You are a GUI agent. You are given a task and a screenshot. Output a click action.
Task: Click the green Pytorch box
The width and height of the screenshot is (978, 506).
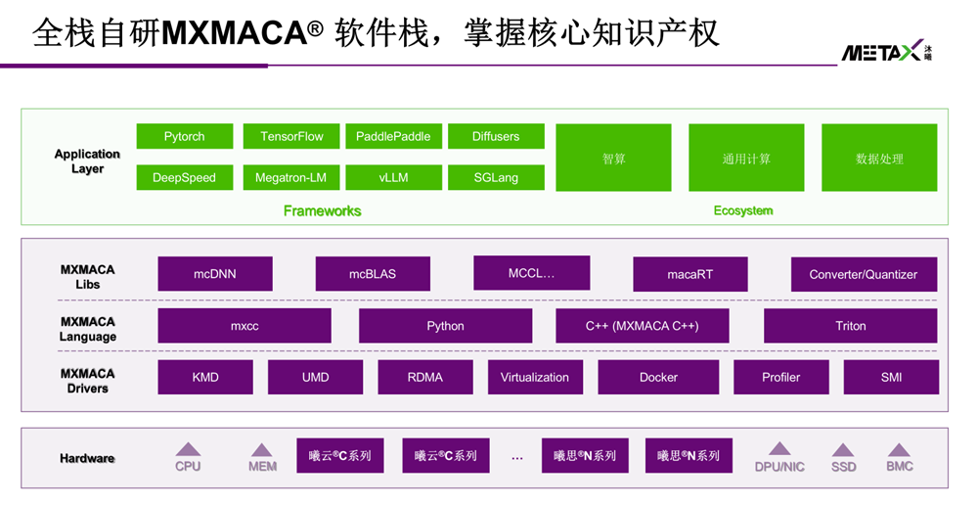click(184, 136)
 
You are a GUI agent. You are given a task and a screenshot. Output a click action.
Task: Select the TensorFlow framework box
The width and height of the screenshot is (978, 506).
click(291, 136)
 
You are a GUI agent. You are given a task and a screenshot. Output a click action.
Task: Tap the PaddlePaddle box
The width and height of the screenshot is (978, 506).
click(393, 136)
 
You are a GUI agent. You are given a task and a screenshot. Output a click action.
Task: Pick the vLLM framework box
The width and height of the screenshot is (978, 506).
click(393, 177)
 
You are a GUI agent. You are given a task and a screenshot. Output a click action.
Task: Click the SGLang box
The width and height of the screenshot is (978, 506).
click(496, 177)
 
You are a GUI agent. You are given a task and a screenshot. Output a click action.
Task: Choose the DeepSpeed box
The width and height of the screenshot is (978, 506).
click(184, 177)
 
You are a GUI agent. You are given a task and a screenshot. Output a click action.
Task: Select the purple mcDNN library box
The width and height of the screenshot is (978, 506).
click(215, 274)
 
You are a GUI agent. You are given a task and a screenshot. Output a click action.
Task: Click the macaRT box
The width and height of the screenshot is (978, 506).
click(689, 274)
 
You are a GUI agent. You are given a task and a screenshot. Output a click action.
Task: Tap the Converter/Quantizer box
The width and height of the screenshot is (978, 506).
click(863, 274)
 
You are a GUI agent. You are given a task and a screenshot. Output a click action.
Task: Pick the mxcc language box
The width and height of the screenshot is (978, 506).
click(244, 326)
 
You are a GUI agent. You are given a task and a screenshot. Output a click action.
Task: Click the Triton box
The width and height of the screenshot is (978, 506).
click(850, 326)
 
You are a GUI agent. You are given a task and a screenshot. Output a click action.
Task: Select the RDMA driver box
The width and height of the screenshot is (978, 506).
click(425, 377)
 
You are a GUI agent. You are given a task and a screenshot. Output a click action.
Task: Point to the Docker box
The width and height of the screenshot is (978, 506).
click(658, 377)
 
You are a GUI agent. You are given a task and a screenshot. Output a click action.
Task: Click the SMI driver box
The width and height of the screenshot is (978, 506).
click(891, 377)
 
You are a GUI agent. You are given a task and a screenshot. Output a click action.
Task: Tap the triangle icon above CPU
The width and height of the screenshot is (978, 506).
click(188, 449)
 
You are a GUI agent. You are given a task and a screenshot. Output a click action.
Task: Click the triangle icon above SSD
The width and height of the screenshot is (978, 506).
click(843, 450)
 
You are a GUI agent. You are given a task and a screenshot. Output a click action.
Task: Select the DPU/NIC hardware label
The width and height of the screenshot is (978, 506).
click(779, 467)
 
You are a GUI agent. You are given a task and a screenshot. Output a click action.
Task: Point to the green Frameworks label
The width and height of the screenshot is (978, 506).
click(322, 210)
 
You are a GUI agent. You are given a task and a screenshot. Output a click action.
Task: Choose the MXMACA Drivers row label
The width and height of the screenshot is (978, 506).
click(87, 381)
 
